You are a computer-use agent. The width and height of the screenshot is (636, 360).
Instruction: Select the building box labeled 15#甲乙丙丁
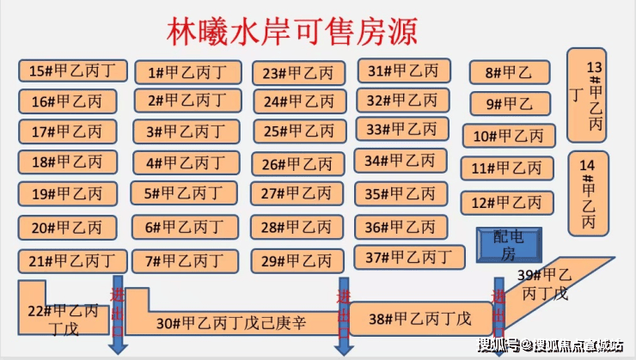coord(74,70)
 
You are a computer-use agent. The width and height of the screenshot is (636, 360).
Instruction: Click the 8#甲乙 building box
coord(509,73)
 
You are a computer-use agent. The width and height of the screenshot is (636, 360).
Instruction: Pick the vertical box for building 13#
coord(589,95)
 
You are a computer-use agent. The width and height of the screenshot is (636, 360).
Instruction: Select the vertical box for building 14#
coord(589,193)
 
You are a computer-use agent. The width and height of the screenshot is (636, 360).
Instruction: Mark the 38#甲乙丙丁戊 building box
coord(420,319)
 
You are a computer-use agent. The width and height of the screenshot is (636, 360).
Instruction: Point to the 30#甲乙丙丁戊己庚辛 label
coord(232,323)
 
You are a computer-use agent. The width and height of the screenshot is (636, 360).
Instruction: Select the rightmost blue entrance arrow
coord(498,314)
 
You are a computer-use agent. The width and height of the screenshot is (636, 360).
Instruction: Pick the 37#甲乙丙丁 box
coord(409,256)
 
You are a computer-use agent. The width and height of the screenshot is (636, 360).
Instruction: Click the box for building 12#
coord(507,203)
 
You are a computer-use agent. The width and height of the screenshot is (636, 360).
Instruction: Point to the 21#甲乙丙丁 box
coord(72,260)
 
